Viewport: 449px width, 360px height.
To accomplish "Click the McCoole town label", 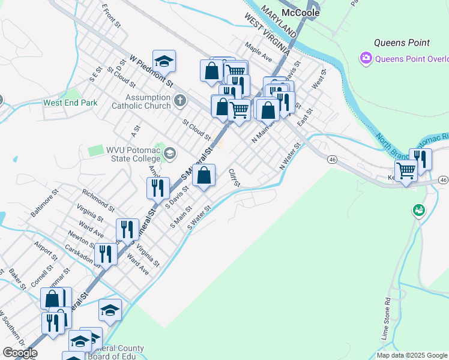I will pyautogui.click(x=300, y=12).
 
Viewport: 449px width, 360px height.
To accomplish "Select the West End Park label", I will pyautogui.click(x=70, y=103).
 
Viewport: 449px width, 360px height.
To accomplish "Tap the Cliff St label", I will pyautogui.click(x=234, y=177).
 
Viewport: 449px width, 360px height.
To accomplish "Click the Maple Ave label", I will pyautogui.click(x=259, y=52).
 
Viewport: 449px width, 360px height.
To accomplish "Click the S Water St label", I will pyautogui.click(x=200, y=217).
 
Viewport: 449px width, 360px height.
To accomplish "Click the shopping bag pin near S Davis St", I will pyautogui.click(x=204, y=176).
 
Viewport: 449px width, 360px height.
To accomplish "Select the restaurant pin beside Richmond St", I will pyautogui.click(x=157, y=188).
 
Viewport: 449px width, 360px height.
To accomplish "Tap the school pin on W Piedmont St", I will pyautogui.click(x=164, y=61).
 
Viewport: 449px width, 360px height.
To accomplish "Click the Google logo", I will pyautogui.click(x=19, y=353).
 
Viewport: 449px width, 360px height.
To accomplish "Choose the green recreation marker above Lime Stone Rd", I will pyautogui.click(x=418, y=210).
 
